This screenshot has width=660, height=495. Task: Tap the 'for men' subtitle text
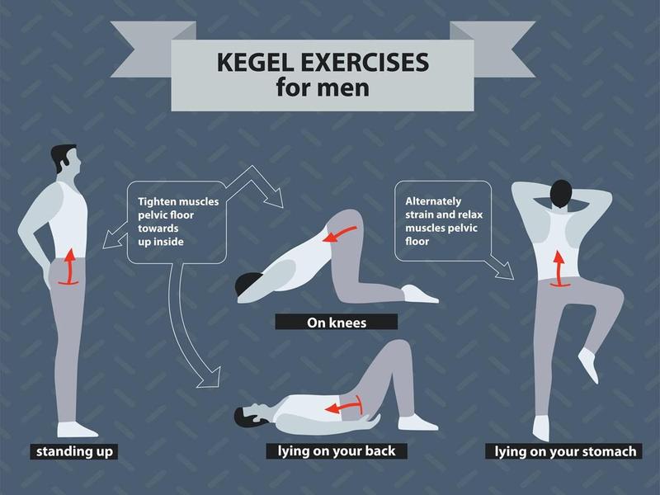323,87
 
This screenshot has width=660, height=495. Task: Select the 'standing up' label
74,451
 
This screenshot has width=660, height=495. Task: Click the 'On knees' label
337,323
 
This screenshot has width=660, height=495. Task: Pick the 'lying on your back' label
337,451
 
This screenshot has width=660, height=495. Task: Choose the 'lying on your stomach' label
565,451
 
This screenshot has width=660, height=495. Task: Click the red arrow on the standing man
69,267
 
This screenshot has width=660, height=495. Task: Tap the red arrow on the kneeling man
339,234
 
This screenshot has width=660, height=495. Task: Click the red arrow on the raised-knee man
559,270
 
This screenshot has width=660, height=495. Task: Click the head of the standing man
67,158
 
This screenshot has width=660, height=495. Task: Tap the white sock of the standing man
76,429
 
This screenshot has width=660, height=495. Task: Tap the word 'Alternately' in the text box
433,201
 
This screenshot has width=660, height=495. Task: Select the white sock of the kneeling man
419,294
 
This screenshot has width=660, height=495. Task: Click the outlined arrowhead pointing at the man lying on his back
210,378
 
